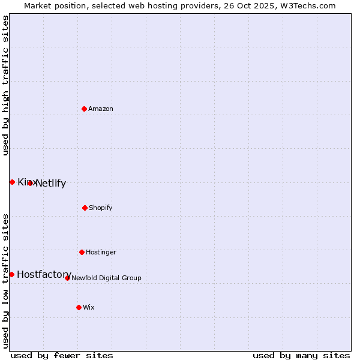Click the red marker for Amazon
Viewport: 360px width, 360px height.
pyautogui.click(x=84, y=109)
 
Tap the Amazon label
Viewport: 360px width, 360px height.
pyautogui.click(x=101, y=109)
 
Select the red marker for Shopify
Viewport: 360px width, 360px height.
pyautogui.click(x=85, y=208)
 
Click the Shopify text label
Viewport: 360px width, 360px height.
pyautogui.click(x=101, y=208)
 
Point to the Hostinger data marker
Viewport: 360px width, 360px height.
pyautogui.click(x=82, y=252)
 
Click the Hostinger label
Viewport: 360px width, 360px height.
pyautogui.click(x=101, y=253)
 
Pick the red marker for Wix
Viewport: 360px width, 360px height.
pyautogui.click(x=79, y=307)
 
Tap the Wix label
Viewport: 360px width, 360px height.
pyautogui.click(x=89, y=308)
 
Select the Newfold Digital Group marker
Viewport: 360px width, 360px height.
pyautogui.click(x=67, y=278)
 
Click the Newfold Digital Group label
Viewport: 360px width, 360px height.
pyautogui.click(x=106, y=278)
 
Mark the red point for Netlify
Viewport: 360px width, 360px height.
pyautogui.click(x=30, y=183)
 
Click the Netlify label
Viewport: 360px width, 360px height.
pyautogui.click(x=51, y=184)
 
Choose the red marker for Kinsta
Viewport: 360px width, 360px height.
pyautogui.click(x=12, y=182)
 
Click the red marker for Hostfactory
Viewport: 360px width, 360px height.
pyautogui.click(x=11, y=274)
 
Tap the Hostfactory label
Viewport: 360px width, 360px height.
pyautogui.click(x=44, y=275)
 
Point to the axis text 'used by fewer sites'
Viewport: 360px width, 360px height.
pyautogui.click(x=62, y=356)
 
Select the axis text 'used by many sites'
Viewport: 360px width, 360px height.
pyautogui.click(x=301, y=356)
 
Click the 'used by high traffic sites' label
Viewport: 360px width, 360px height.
pyautogui.click(x=5, y=85)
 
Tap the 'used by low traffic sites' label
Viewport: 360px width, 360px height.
pyautogui.click(x=5, y=281)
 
